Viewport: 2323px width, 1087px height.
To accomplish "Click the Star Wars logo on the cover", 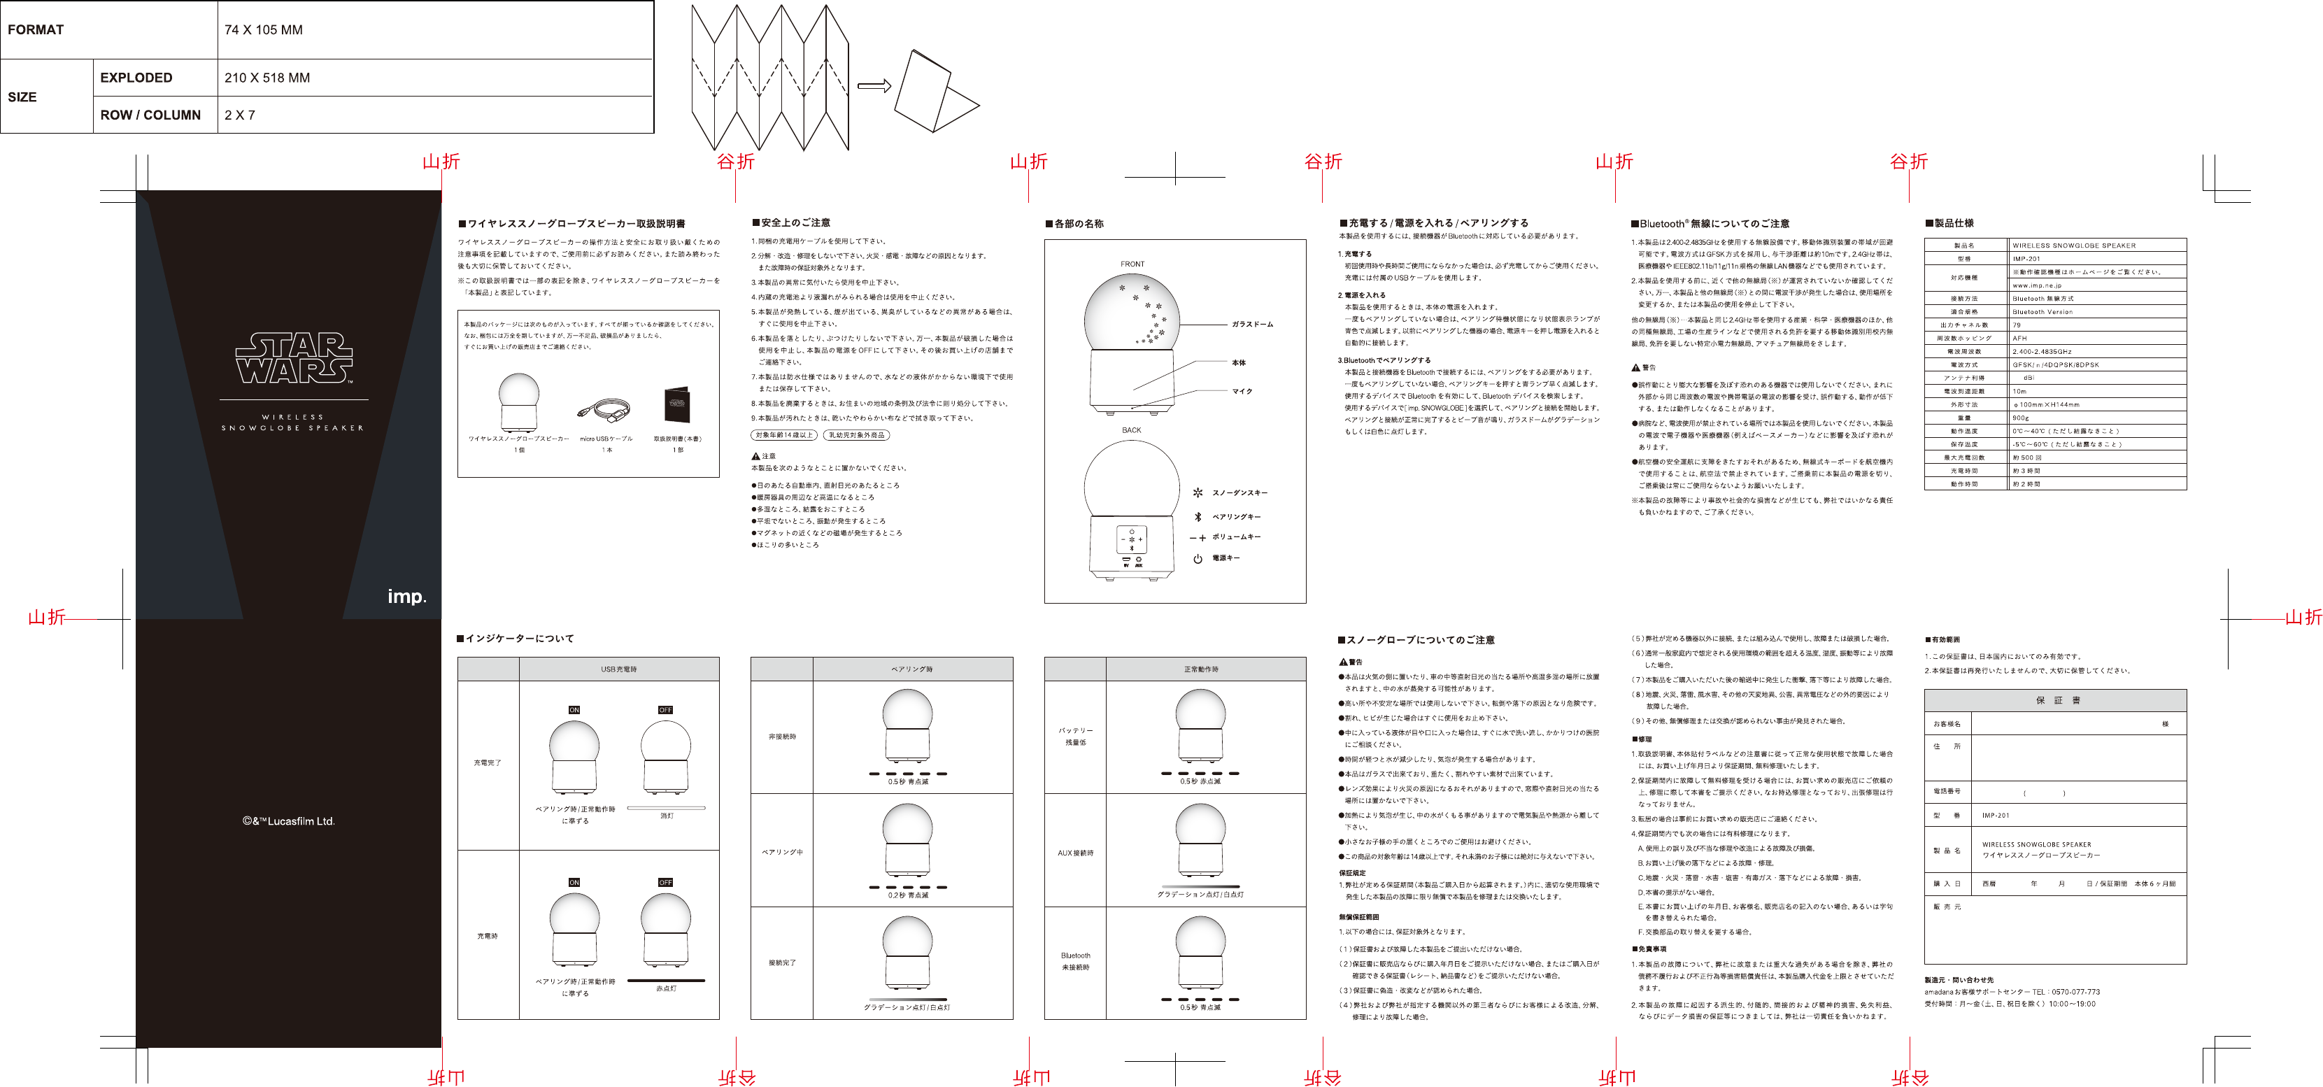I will [294, 359].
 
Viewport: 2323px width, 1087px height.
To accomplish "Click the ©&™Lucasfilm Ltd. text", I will [289, 822].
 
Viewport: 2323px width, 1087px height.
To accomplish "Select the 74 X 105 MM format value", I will [263, 30].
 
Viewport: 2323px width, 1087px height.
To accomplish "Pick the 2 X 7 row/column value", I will [240, 115].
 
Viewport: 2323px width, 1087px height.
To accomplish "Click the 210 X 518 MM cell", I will [267, 78].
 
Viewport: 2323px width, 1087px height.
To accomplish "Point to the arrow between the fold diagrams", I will [873, 87].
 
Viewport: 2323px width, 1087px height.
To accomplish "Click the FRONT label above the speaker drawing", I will [1132, 264].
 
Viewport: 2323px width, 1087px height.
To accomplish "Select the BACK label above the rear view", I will [1131, 430].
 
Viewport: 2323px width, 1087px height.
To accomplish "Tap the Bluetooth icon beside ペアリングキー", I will [1198, 517].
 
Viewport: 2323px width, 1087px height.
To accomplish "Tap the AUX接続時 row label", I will [1075, 853].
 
